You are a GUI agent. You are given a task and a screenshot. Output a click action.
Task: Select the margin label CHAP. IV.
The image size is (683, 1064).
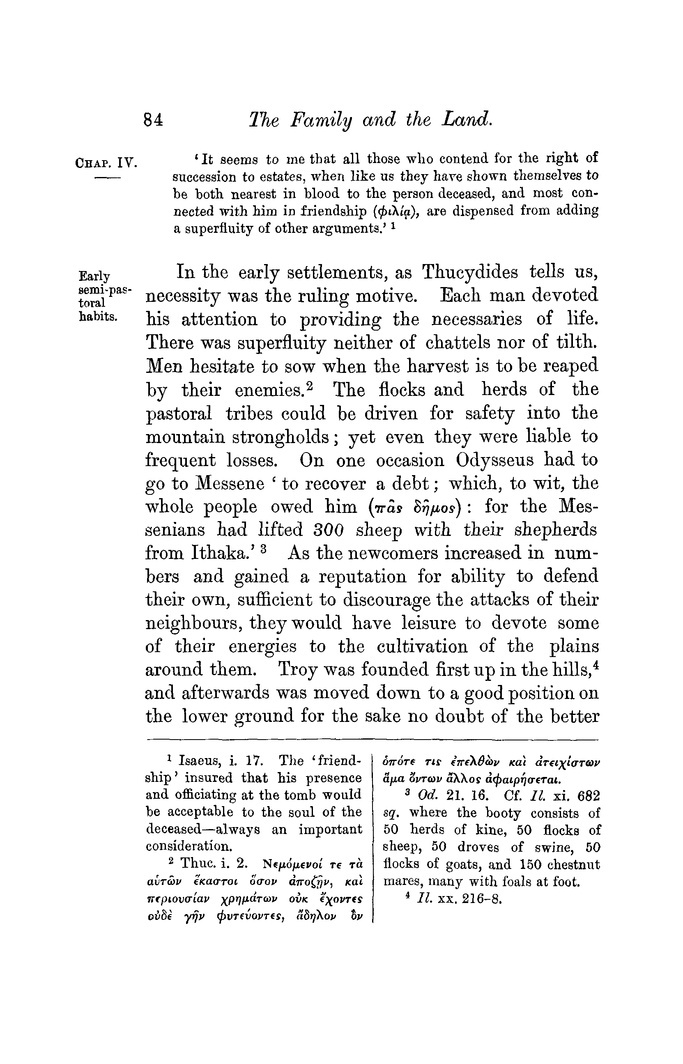pyautogui.click(x=106, y=162)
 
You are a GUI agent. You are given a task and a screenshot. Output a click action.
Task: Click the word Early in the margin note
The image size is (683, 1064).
pyautogui.click(x=94, y=276)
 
